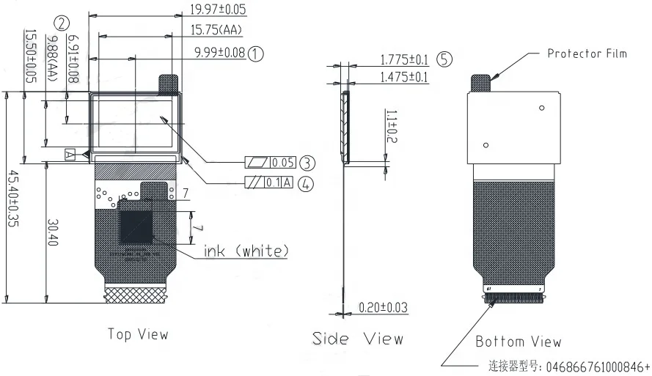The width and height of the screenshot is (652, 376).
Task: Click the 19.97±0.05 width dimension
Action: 218,10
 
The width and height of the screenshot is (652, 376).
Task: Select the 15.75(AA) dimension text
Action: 216,30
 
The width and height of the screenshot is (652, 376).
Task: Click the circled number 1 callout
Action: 255,53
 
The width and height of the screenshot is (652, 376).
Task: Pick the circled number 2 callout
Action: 62,23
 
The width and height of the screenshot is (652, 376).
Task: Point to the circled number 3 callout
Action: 307,162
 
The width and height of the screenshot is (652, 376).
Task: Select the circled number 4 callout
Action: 307,183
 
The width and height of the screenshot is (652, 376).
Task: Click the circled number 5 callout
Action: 444,59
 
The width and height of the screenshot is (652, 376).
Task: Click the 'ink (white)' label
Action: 246,251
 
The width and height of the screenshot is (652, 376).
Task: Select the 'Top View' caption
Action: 138,334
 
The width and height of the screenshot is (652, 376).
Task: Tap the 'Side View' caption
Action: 358,339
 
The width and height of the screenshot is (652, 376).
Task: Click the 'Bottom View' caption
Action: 518,342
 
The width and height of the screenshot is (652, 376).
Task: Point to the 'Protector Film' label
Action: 587,54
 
